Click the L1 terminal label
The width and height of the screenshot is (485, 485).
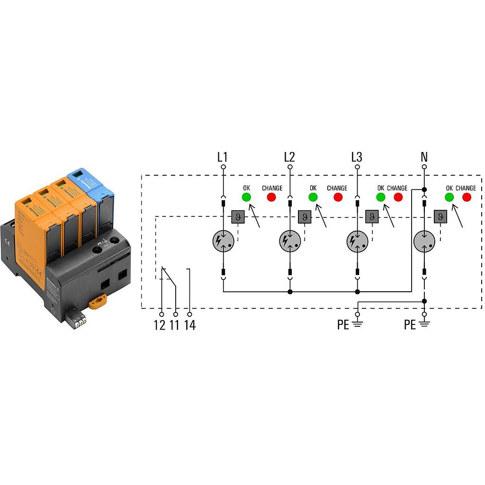[x=223, y=157]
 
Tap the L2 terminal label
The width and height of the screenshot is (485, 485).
[x=289, y=157]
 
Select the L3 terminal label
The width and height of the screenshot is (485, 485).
[x=357, y=157]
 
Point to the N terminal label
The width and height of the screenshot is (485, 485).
[x=424, y=157]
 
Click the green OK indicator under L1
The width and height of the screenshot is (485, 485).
[x=246, y=197]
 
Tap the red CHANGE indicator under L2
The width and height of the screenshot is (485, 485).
[x=338, y=197]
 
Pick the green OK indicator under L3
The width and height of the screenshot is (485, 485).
[x=380, y=197]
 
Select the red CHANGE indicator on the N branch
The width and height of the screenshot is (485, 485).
[x=467, y=197]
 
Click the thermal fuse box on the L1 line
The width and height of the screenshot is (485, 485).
[x=237, y=217]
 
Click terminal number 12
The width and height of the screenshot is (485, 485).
[x=160, y=325]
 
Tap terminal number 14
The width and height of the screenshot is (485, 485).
[x=190, y=325]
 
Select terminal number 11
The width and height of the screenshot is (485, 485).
[x=175, y=325]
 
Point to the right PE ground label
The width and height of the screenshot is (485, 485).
[x=410, y=325]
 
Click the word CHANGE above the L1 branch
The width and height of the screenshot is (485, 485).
[x=272, y=188]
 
